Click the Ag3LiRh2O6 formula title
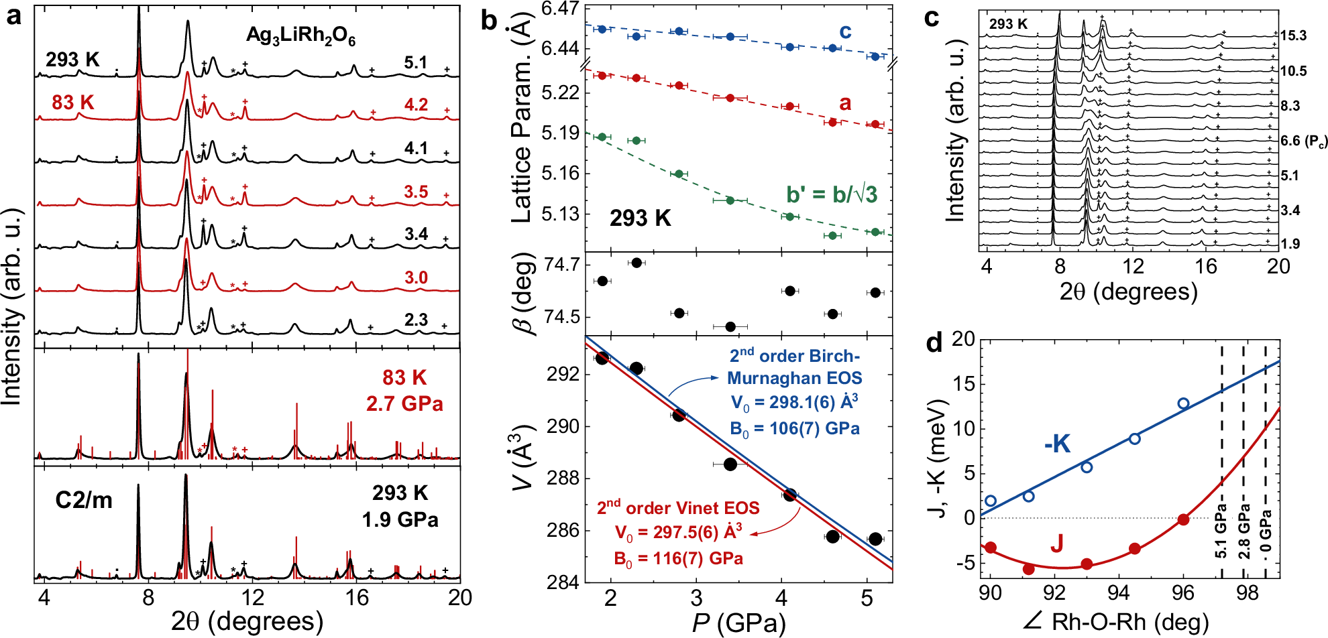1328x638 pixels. pos(300,36)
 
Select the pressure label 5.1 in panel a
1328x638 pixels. pos(415,62)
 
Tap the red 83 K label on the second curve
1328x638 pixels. pos(72,103)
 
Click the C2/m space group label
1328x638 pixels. pos(84,500)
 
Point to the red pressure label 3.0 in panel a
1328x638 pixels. pos(415,277)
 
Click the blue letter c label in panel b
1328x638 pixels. pos(845,31)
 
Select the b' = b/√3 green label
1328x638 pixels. pos(832,194)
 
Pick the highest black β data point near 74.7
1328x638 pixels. pos(637,263)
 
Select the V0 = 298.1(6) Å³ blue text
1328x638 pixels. pos(794,403)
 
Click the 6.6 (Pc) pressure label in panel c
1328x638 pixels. pos(1303,141)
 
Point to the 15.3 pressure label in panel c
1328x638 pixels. pos(1293,36)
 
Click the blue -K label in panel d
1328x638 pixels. pos(1057,444)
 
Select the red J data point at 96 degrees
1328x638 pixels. pos(1183,519)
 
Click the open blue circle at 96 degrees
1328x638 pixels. pos(1183,403)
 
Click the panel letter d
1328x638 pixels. pos(934,343)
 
